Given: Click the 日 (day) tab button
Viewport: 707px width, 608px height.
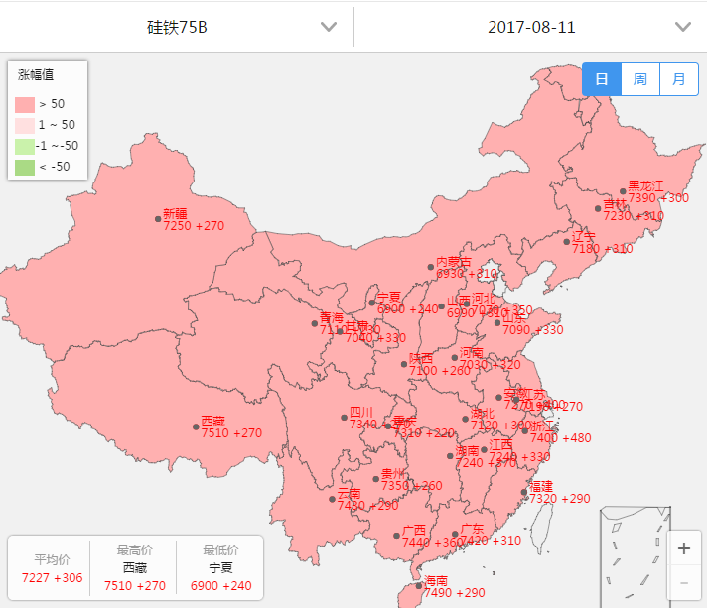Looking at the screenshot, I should (602, 79).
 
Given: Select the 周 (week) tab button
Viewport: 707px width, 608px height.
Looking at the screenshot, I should (640, 79).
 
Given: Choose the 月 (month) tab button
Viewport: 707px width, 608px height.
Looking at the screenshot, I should (678, 79).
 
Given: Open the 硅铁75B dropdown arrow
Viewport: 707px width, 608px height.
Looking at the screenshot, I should (329, 27).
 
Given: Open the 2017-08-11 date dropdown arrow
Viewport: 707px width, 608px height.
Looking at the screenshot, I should (682, 27).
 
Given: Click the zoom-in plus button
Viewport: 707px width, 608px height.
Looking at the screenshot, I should (683, 548).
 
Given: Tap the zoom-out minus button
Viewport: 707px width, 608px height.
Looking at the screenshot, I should (683, 582).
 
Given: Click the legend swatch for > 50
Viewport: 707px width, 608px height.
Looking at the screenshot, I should (25, 104).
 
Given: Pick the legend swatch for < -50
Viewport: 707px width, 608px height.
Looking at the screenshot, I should (25, 167).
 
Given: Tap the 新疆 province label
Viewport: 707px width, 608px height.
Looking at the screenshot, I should (175, 213).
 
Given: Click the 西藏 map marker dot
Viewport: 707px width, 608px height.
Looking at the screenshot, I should (196, 426).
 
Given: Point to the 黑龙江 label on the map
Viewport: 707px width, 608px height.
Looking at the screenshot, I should (645, 185).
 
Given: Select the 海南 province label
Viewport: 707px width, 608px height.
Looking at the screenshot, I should (436, 580).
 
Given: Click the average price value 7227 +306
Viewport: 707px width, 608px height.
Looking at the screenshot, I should (52, 578).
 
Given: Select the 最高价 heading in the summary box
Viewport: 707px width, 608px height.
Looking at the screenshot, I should (135, 549).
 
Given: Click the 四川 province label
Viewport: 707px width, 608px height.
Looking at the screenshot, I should (361, 412).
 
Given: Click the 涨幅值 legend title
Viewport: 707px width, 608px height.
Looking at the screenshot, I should (36, 74).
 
